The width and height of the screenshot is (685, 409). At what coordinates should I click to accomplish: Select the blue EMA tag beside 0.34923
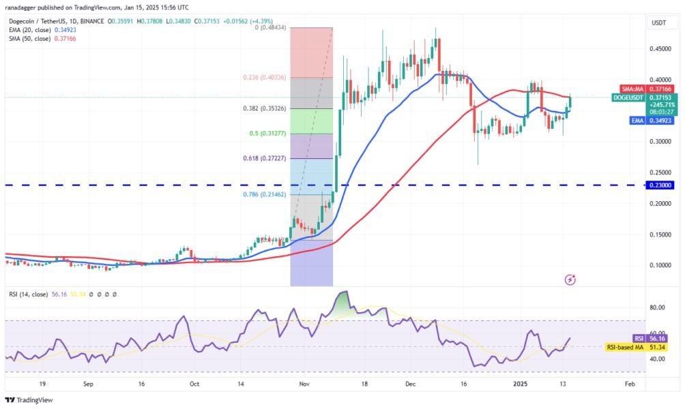coord(637,121)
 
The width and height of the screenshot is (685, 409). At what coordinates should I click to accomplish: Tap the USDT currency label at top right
coord(659,22)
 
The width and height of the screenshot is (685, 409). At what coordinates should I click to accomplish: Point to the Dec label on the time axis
coord(410,384)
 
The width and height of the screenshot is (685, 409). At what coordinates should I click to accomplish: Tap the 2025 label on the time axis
coord(522,384)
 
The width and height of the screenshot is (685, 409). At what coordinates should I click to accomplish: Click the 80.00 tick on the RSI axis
coord(656,307)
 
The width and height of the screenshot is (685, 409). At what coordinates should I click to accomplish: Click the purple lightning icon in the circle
coord(571,279)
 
